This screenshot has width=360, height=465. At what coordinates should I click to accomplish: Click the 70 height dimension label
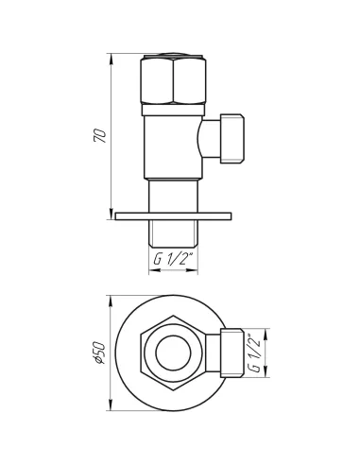[x=100, y=135]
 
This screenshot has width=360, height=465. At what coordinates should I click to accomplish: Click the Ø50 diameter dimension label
[x=99, y=353]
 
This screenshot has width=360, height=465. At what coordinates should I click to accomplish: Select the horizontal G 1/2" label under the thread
[x=173, y=259]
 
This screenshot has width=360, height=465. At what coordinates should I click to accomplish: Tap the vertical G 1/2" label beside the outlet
[x=254, y=353]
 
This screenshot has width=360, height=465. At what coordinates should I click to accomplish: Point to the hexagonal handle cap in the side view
[x=173, y=78]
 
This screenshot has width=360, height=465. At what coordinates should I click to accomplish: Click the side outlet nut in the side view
[x=232, y=139]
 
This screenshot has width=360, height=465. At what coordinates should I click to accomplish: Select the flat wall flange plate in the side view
[x=173, y=216]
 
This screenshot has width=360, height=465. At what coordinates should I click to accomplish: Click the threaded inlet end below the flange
[x=173, y=233]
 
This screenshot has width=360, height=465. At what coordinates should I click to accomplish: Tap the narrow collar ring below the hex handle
[x=173, y=110]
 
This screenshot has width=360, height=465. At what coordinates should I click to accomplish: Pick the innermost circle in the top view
[x=173, y=353]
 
